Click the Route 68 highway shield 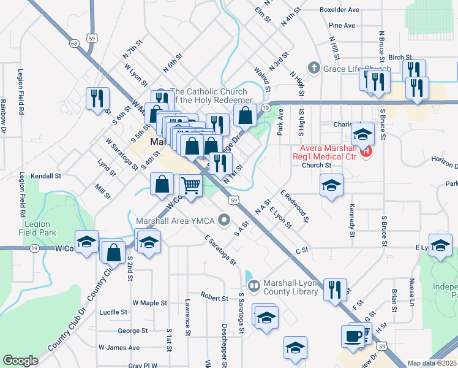74,44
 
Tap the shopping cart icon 191,185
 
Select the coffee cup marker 353,336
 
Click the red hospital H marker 366,151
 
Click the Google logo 20,361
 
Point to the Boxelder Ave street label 339,10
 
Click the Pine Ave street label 342,25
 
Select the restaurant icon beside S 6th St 97,98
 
